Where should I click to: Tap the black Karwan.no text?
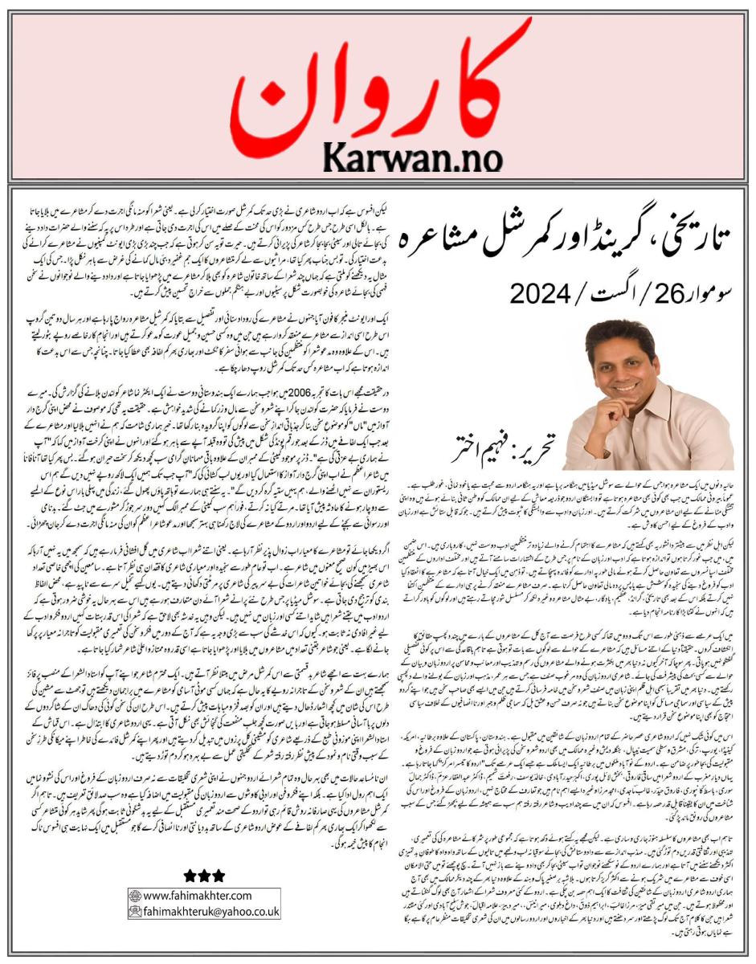[413, 153]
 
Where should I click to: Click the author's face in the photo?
[622, 362]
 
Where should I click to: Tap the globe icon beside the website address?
[136, 896]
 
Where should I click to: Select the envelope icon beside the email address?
[136, 912]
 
